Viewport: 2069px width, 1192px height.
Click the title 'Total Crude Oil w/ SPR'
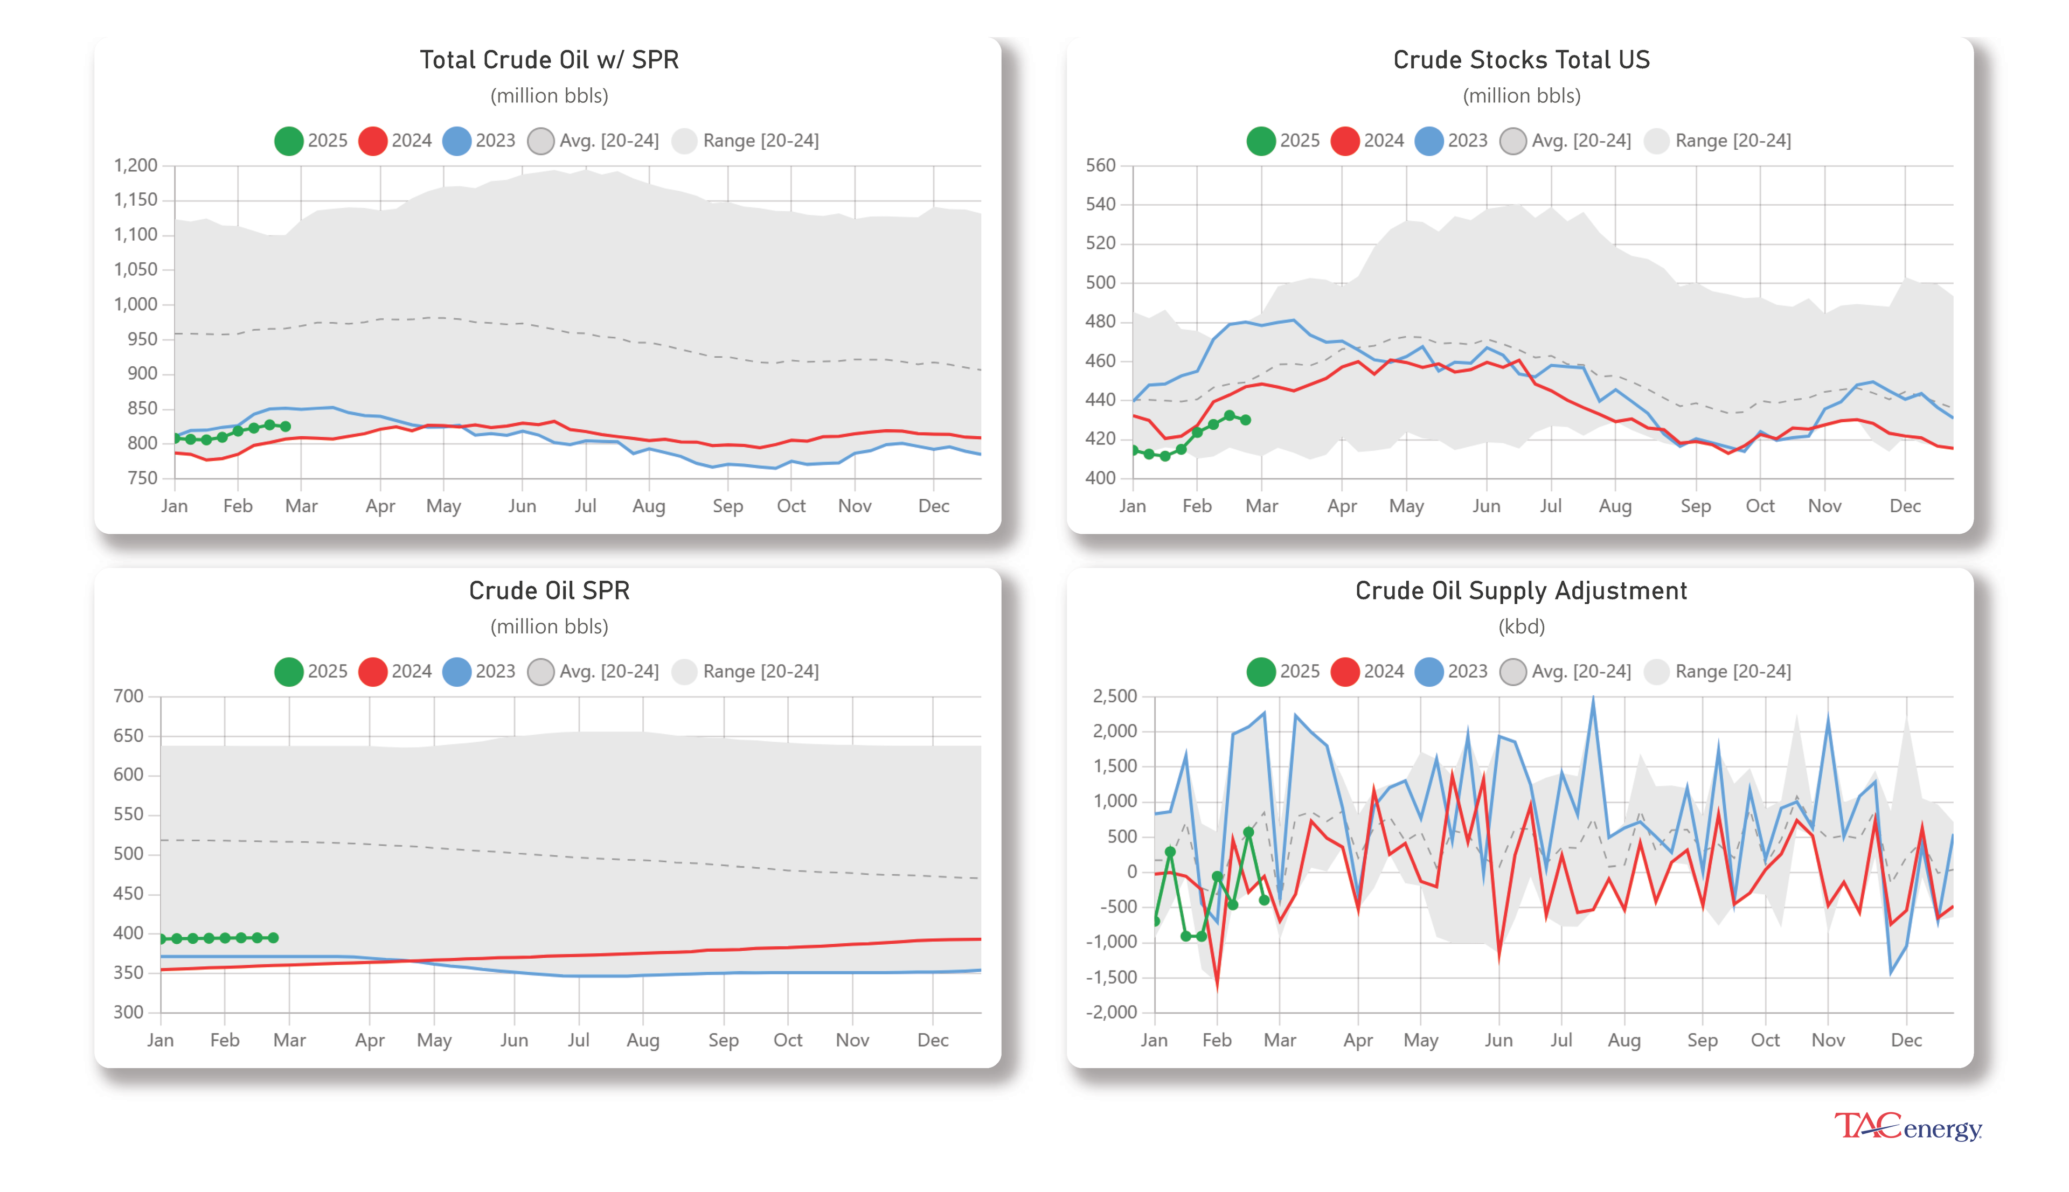click(x=549, y=60)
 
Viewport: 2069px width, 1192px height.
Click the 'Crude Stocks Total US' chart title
click(x=1520, y=60)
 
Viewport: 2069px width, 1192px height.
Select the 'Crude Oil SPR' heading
click(x=549, y=590)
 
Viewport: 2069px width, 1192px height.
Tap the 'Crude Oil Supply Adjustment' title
click(x=1520, y=590)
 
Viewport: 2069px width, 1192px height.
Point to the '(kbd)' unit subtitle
click(x=1520, y=627)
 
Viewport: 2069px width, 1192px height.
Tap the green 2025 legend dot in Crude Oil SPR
click(x=288, y=671)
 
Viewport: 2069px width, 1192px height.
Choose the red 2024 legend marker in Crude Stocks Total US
click(x=1344, y=141)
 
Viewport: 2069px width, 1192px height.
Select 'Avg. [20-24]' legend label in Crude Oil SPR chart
click(x=608, y=671)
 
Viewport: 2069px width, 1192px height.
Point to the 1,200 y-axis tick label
click(x=135, y=165)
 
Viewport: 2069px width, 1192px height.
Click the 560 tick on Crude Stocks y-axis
click(x=1100, y=165)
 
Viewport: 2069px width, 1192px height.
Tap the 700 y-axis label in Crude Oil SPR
click(x=129, y=696)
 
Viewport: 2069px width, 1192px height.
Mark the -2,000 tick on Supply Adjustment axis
click(x=1111, y=1012)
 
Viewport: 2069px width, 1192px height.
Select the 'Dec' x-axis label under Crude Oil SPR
click(x=933, y=1040)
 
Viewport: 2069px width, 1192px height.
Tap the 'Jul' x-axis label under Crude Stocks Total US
click(x=1550, y=506)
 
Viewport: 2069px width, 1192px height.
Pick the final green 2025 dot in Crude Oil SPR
click(x=274, y=937)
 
